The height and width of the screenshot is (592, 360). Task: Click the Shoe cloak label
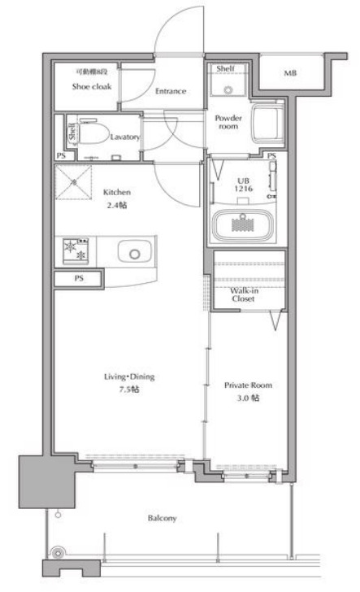click(x=92, y=86)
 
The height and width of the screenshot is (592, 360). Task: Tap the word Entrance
click(x=171, y=91)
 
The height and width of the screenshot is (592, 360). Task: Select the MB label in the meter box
click(x=290, y=73)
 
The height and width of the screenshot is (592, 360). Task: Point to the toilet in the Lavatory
click(x=91, y=133)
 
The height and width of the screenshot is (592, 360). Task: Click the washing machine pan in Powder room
click(x=268, y=122)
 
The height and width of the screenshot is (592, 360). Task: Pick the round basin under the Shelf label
click(x=228, y=90)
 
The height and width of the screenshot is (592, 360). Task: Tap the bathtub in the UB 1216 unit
click(x=243, y=225)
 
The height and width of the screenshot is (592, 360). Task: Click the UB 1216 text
click(x=244, y=185)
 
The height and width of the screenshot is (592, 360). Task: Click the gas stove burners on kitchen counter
click(x=76, y=251)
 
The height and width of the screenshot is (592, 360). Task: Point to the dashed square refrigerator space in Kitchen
click(x=74, y=182)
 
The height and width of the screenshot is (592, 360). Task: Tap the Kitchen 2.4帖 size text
click(x=116, y=198)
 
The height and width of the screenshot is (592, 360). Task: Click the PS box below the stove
click(x=79, y=279)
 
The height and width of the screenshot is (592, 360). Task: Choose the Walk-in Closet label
click(x=244, y=294)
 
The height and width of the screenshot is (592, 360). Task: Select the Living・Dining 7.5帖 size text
click(x=129, y=383)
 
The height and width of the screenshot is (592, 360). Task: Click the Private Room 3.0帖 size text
click(x=248, y=391)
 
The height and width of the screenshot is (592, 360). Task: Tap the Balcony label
click(x=163, y=518)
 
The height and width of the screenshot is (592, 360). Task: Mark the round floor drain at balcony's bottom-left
click(x=58, y=554)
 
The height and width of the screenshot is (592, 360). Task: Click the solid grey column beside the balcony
click(x=47, y=481)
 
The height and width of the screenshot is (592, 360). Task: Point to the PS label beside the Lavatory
click(x=60, y=155)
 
